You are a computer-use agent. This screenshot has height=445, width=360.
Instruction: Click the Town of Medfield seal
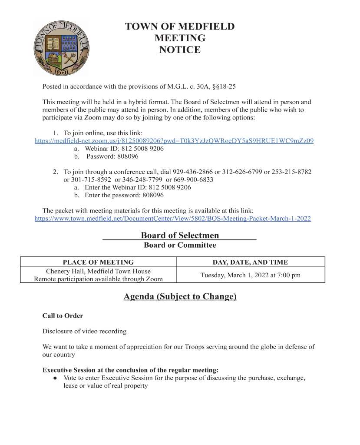[x=61, y=48]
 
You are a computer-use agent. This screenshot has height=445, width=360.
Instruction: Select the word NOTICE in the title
[x=180, y=50]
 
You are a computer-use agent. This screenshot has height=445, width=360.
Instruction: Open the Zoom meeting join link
[x=174, y=141]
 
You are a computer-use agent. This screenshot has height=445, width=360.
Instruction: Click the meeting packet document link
[x=172, y=219]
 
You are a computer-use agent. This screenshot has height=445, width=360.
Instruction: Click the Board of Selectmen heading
[x=180, y=236]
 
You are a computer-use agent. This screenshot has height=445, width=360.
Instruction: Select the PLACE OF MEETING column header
[x=98, y=262]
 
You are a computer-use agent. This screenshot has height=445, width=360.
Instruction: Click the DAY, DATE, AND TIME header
[x=250, y=262]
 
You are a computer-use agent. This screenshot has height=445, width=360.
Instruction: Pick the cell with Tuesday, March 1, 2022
[x=250, y=275]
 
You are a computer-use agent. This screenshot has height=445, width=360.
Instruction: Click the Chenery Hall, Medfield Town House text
[x=98, y=271]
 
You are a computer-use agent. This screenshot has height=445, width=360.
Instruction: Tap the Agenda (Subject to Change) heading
[x=180, y=297]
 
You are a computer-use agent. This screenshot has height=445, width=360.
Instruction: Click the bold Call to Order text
[x=63, y=315]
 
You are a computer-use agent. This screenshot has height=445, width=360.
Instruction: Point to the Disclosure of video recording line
[x=84, y=331]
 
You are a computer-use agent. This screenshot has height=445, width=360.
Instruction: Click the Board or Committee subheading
[x=180, y=245]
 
